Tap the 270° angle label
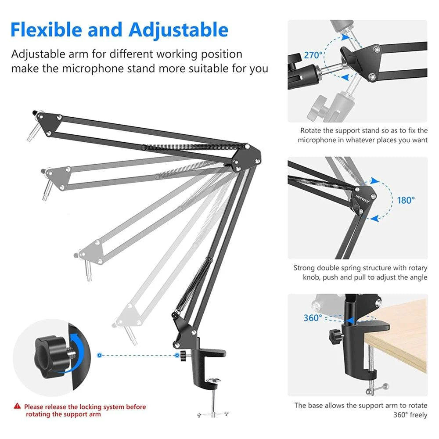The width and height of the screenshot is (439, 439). (x=313, y=56)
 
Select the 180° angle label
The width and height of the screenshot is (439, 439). (x=406, y=200)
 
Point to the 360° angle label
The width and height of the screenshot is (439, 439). (x=313, y=317)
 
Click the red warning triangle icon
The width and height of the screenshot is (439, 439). (x=17, y=407)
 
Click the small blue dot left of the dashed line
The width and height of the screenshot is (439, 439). (x=100, y=355)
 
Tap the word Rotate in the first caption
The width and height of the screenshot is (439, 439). (x=311, y=130)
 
